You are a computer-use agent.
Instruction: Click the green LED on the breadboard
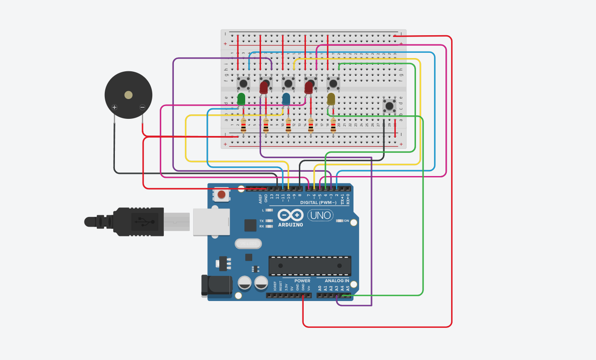241,99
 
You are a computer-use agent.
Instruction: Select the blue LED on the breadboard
286,99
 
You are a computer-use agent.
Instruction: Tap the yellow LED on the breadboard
331,99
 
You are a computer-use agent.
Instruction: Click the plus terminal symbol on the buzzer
114,107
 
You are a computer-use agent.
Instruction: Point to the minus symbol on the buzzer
142,107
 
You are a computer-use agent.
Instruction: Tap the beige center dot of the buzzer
129,95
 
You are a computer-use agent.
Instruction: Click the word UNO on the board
320,215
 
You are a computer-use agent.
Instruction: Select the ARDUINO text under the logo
291,224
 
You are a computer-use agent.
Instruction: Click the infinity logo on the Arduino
291,215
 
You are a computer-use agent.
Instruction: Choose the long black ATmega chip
310,266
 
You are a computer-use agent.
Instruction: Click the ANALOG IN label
337,281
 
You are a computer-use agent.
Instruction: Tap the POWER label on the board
302,281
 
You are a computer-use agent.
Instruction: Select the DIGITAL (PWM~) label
318,202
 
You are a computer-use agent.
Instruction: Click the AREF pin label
261,198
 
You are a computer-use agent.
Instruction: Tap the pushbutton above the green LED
243,83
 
